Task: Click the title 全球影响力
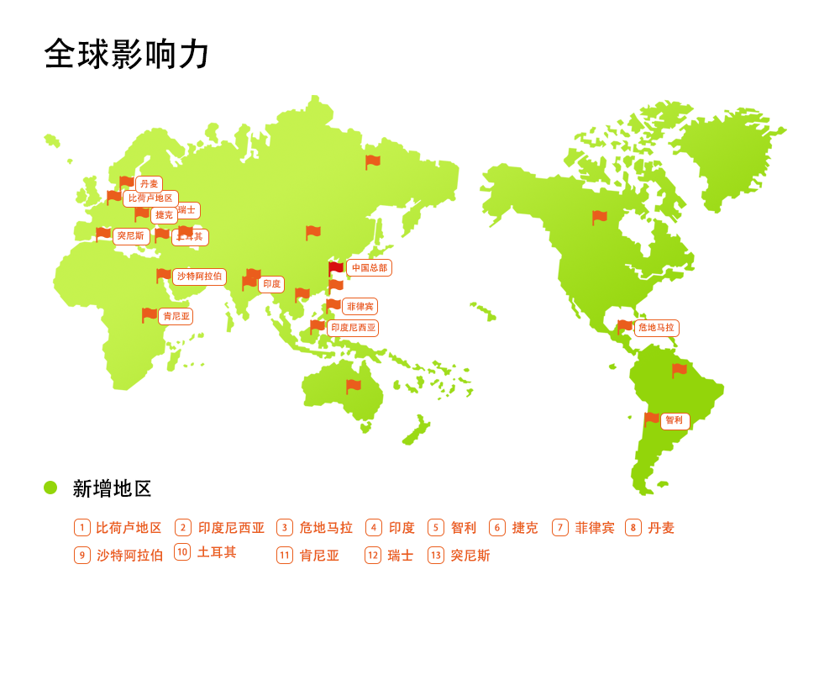coord(127,54)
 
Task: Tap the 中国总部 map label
coord(369,268)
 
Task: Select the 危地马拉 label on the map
coord(656,328)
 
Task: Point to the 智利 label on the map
coord(675,421)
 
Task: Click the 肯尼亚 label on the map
coord(176,317)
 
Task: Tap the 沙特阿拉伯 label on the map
coord(199,277)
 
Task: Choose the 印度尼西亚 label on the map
coord(353,328)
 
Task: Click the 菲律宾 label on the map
coord(360,307)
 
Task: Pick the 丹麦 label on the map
coord(149,184)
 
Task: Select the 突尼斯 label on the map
coord(131,236)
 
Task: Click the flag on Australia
coord(354,386)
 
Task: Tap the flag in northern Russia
coord(373,161)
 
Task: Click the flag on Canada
coord(600,217)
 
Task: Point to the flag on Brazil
coord(680,369)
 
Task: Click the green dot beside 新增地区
coord(50,488)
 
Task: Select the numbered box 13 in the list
coord(436,556)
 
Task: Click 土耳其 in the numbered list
coord(217,552)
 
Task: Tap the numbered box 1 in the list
coord(82,528)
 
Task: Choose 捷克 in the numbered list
coord(525,528)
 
